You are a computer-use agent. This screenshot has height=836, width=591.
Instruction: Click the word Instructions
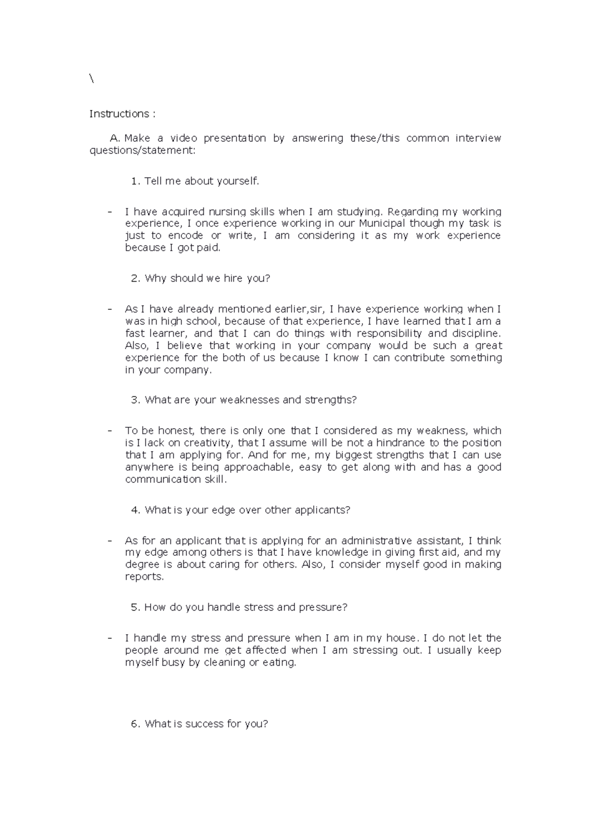[119, 114]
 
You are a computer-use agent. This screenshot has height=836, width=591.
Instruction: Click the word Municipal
[378, 224]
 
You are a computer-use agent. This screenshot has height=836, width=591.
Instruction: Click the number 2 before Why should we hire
[135, 279]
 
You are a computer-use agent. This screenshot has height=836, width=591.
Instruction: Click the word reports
[144, 577]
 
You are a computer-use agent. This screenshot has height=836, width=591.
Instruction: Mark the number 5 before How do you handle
[135, 608]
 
